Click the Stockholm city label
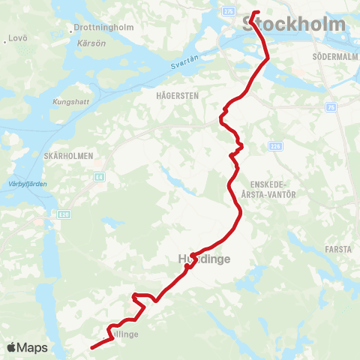tap(295, 25)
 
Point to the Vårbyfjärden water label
tap(22, 184)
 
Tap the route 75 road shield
tap(330, 108)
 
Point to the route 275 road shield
tap(228, 10)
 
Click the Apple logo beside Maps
tap(11, 347)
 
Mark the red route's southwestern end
tap(91, 347)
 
